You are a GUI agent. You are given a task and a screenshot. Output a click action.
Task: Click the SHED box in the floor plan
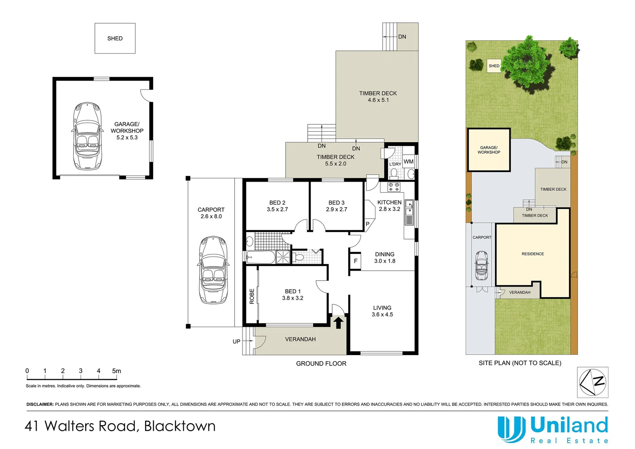coord(115,38)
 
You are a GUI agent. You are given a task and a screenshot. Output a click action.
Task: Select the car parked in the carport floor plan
coord(213,270)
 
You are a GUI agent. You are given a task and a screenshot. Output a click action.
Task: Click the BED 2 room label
coord(277,203)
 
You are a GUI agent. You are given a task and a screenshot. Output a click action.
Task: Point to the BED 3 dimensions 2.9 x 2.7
coord(336,210)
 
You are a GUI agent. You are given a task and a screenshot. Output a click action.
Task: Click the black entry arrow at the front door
coord(338,322)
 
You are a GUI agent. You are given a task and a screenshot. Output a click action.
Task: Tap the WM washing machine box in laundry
coord(408,162)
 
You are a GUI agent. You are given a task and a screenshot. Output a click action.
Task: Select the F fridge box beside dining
coord(355,261)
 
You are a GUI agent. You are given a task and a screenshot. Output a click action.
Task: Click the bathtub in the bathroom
coord(261,257)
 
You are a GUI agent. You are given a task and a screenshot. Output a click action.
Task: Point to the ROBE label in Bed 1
coord(252,296)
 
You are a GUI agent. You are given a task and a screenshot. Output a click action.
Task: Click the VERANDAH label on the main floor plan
coord(300,339)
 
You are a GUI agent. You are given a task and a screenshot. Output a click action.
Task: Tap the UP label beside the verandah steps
coord(236,342)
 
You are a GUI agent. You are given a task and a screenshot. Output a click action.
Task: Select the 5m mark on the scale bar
coord(116,371)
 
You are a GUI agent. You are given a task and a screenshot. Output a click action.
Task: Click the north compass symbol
coord(593,382)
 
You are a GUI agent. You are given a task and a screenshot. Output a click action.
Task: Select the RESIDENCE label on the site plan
coord(533,254)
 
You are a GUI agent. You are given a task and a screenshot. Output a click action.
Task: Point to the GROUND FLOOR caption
coord(321,364)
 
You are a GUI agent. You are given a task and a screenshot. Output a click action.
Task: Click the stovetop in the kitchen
coord(394,187)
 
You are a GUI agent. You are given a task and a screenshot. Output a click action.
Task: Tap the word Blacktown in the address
coord(180,426)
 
